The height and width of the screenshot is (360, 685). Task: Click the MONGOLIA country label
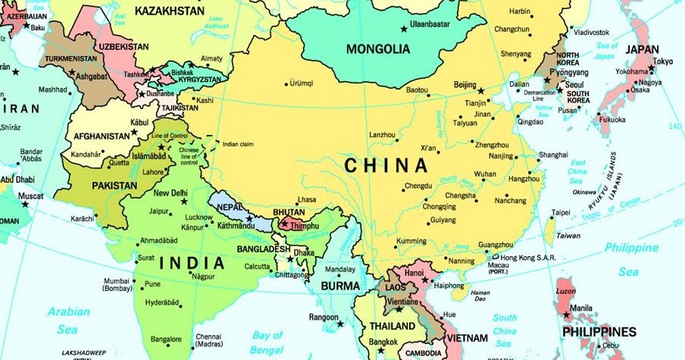point(378,49)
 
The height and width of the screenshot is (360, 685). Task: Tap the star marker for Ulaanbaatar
point(402,29)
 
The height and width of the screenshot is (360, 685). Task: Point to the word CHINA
point(386,164)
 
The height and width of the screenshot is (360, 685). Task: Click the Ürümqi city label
point(302,83)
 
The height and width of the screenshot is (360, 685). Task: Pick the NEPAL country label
point(230,207)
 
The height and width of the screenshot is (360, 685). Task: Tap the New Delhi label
point(170,193)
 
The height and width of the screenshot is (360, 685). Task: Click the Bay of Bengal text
point(267,340)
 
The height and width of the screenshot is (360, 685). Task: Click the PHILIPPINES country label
point(599,332)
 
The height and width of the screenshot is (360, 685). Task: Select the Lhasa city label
point(306,199)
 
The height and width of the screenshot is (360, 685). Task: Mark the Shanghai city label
point(553,155)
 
